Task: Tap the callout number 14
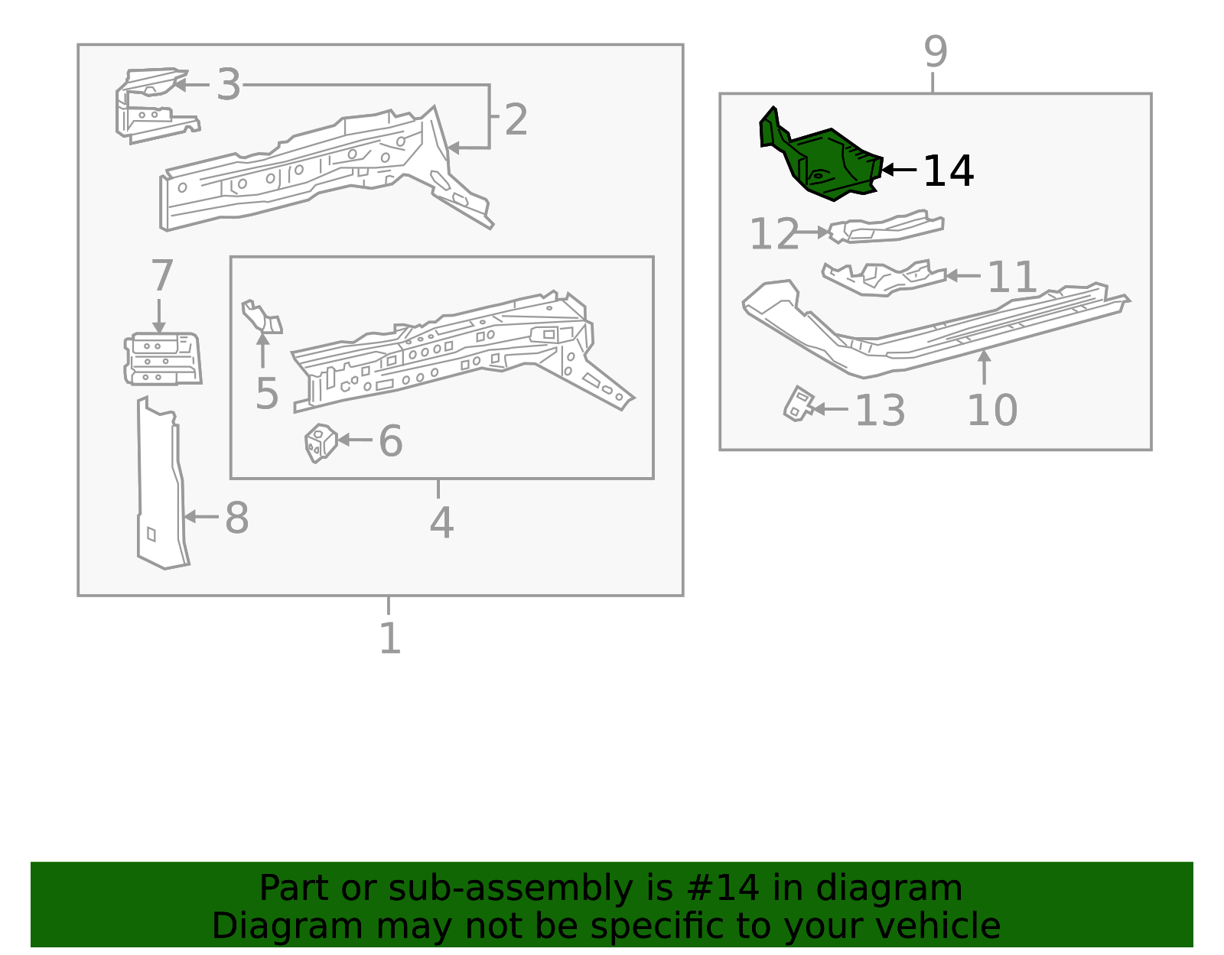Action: tap(948, 171)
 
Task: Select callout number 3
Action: tap(228, 84)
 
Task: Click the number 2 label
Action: tap(516, 120)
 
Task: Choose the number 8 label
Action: tap(236, 518)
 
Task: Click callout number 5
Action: tap(266, 394)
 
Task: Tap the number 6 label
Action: tap(390, 441)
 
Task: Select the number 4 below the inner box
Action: tap(441, 523)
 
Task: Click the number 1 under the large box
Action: tap(389, 638)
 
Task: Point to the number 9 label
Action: tap(935, 52)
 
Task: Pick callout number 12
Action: tap(773, 234)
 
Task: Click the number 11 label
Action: tap(1011, 277)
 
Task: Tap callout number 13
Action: tap(879, 411)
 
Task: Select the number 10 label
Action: tap(991, 411)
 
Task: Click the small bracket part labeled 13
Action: tap(799, 404)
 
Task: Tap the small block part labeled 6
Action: tap(321, 443)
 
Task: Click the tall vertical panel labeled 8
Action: tap(161, 489)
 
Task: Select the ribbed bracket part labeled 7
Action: tap(162, 359)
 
